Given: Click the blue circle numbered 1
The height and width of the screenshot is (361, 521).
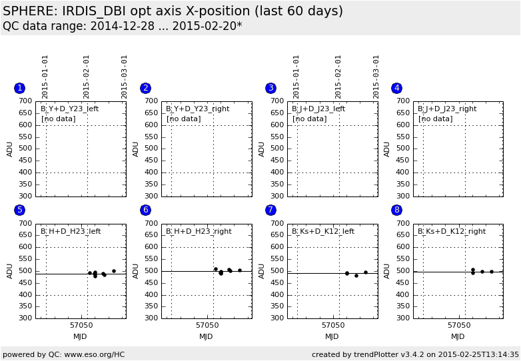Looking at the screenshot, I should tap(19, 88).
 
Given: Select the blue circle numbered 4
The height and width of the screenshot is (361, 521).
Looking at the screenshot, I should tap(396, 88).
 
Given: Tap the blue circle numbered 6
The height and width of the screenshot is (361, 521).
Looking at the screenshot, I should tap(145, 210).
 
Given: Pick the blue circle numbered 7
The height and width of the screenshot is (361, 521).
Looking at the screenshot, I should tap(270, 210).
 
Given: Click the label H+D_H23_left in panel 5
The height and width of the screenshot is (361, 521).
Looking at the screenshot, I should tap(71, 232).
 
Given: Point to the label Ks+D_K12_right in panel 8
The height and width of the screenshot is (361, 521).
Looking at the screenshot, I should tap(452, 232).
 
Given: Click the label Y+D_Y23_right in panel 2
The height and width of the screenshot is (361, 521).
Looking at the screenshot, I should tap(197, 109).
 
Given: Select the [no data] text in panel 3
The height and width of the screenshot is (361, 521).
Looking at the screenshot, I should tap(309, 119).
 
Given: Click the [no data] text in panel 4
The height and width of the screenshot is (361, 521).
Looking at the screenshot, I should tap(435, 119).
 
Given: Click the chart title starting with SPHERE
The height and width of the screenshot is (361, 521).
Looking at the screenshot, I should tap(173, 11).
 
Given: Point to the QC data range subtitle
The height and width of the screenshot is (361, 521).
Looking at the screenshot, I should tap(123, 26).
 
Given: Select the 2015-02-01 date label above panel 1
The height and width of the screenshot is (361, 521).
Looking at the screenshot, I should tap(87, 76).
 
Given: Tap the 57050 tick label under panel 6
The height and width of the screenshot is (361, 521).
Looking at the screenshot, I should tap(207, 326).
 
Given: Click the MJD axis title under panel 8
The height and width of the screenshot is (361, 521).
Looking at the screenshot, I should tap(458, 336).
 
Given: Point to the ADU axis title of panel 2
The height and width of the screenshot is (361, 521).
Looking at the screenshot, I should tap(136, 149).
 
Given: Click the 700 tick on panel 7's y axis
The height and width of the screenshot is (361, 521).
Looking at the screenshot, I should tap(277, 224).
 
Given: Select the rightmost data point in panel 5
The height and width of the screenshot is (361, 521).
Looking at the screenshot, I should tap(114, 271).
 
